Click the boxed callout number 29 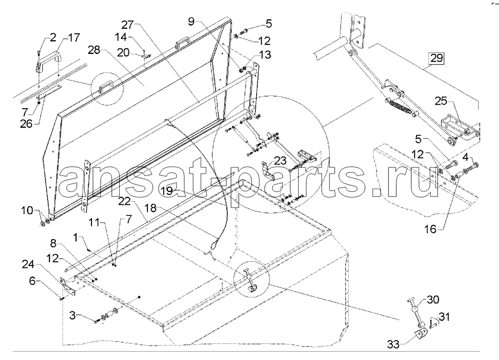pyautogui.click(x=436, y=57)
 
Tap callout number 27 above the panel pyautogui.click(x=128, y=24)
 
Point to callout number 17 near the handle pyautogui.click(x=73, y=38)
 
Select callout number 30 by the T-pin pyautogui.click(x=434, y=300)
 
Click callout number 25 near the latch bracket pyautogui.click(x=441, y=100)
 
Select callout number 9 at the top pyautogui.click(x=191, y=22)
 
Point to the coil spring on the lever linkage pyautogui.click(x=397, y=104)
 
